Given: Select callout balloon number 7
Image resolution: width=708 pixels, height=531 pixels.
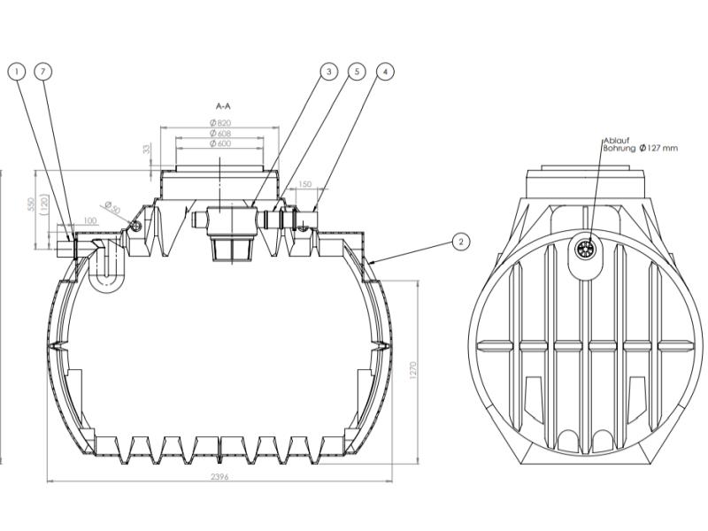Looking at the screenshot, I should (x=44, y=71).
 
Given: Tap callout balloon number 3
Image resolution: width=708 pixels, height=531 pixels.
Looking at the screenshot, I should (x=328, y=71).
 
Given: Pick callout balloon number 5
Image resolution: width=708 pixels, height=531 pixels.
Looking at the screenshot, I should (x=357, y=71).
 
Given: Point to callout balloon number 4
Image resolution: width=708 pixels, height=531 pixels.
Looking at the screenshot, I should (x=385, y=71).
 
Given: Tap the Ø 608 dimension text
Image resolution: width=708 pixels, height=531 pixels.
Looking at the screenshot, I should (x=220, y=133).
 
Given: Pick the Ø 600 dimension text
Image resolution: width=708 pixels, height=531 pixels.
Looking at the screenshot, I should (x=220, y=144).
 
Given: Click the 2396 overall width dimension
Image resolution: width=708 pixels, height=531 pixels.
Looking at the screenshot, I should (x=220, y=477).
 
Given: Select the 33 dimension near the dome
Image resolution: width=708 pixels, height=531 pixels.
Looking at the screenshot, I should (x=146, y=151).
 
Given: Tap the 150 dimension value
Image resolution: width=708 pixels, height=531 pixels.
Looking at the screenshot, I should (x=305, y=185).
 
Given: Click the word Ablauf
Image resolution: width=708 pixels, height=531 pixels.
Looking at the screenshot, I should (x=615, y=140).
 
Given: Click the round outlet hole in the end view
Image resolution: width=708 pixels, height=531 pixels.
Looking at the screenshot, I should (x=585, y=250).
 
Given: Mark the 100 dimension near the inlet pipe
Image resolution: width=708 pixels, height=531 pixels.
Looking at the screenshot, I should (x=90, y=220).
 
